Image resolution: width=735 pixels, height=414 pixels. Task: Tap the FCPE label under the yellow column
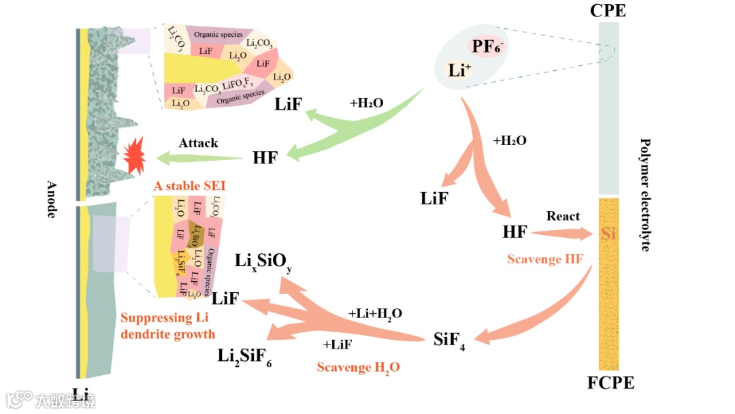[x=610, y=383]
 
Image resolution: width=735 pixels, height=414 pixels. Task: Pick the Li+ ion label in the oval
[x=460, y=69]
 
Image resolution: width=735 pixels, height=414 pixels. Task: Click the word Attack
[x=198, y=143]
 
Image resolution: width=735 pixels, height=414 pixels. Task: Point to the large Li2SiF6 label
[x=245, y=355]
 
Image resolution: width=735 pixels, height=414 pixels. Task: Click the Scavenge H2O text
[x=358, y=368]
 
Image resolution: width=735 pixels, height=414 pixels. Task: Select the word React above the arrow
[x=563, y=216]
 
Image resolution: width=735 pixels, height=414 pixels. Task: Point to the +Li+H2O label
[x=375, y=314]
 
